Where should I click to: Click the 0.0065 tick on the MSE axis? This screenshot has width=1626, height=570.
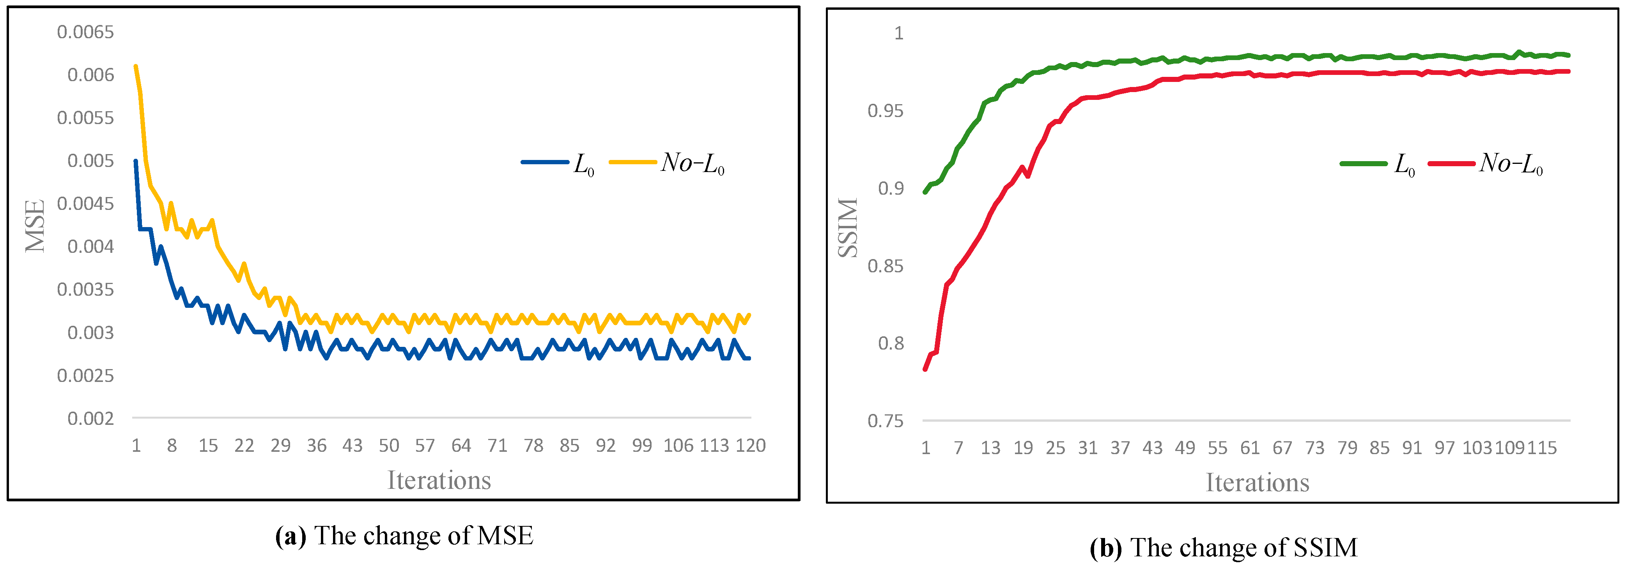[x=85, y=32]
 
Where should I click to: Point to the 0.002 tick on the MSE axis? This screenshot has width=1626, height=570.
[x=90, y=419]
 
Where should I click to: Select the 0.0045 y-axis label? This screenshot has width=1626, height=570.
[x=85, y=203]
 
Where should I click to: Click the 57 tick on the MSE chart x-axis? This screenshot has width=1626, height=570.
[x=425, y=446]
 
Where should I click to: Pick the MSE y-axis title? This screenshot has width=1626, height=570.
[x=35, y=226]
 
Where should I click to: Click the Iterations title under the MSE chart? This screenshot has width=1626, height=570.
[x=439, y=480]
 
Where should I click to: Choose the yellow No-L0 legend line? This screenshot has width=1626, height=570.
[x=632, y=162]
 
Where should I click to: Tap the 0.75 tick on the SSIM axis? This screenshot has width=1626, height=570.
[x=886, y=421]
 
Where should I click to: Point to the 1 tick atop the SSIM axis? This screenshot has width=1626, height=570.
[x=899, y=33]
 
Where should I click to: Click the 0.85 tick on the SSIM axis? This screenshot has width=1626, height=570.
[x=886, y=266]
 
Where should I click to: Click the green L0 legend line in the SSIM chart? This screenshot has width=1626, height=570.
[x=1364, y=163]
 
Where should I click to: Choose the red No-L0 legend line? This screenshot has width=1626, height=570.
[x=1451, y=163]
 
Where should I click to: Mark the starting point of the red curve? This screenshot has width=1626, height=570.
[x=925, y=369]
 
